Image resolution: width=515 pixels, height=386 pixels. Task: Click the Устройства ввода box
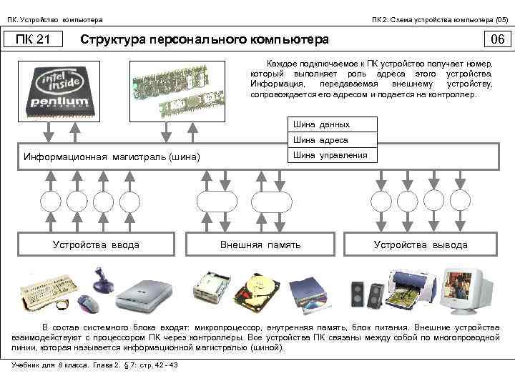pos(96,244)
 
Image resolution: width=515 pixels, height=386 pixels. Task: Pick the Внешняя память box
pos(260,244)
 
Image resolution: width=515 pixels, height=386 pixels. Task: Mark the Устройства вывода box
pos(421,244)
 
